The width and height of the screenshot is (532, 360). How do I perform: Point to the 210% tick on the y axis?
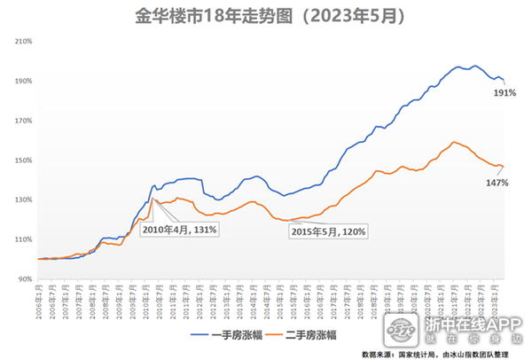click(x=23, y=41)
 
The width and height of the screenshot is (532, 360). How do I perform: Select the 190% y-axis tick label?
click(x=23, y=81)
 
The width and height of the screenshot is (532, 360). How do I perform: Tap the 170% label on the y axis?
click(x=23, y=121)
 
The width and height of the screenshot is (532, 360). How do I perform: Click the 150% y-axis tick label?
click(x=23, y=160)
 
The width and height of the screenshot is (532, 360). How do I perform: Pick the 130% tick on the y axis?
click(x=23, y=200)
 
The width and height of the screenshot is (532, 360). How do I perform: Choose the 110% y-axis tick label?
click(x=23, y=240)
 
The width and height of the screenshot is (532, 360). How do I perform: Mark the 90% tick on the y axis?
click(x=25, y=279)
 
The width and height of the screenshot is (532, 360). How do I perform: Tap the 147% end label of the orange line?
click(x=497, y=183)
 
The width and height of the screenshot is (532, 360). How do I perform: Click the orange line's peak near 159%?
click(x=455, y=142)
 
